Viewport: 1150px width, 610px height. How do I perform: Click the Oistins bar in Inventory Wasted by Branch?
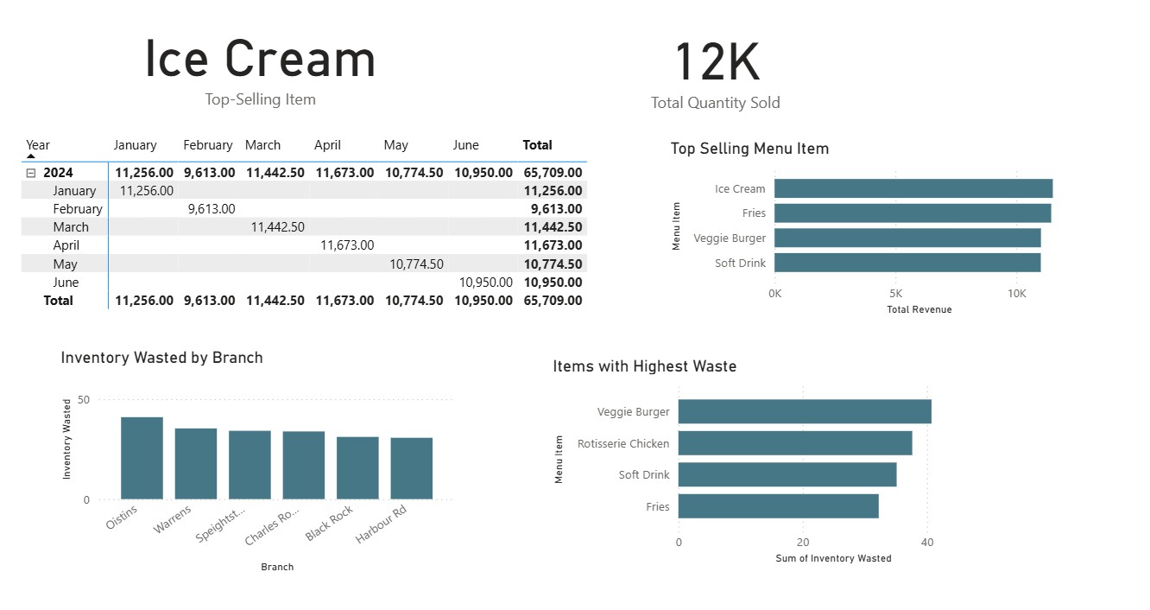(142, 458)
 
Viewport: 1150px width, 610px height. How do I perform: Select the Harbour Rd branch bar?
(411, 468)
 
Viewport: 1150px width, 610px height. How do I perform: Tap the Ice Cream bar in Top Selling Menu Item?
(913, 188)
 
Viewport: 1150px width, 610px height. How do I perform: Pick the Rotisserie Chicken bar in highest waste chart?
(794, 443)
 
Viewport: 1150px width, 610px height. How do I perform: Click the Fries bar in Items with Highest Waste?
(778, 506)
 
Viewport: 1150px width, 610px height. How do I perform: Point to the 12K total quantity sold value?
(716, 64)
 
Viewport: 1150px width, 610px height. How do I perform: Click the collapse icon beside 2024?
(31, 173)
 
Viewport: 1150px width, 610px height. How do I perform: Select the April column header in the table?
(327, 145)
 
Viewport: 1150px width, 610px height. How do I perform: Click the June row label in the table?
(66, 283)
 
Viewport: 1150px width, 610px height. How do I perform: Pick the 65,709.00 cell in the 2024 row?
(553, 173)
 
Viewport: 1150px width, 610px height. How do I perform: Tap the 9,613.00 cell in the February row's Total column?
(553, 209)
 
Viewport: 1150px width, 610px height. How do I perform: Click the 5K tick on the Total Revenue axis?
(895, 294)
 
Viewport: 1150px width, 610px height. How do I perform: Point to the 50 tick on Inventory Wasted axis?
(84, 400)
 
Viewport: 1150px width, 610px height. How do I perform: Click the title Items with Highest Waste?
(644, 366)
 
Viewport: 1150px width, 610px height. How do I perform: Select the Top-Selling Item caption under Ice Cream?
(260, 99)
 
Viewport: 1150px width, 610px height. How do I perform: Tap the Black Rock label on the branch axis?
(329, 524)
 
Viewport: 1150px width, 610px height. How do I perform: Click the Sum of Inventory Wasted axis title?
(832, 558)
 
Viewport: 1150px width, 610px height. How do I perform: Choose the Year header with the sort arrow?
(38, 145)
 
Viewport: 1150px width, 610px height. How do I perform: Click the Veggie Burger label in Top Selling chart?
(729, 238)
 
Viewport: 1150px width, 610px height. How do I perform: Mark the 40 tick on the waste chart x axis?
(926, 543)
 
